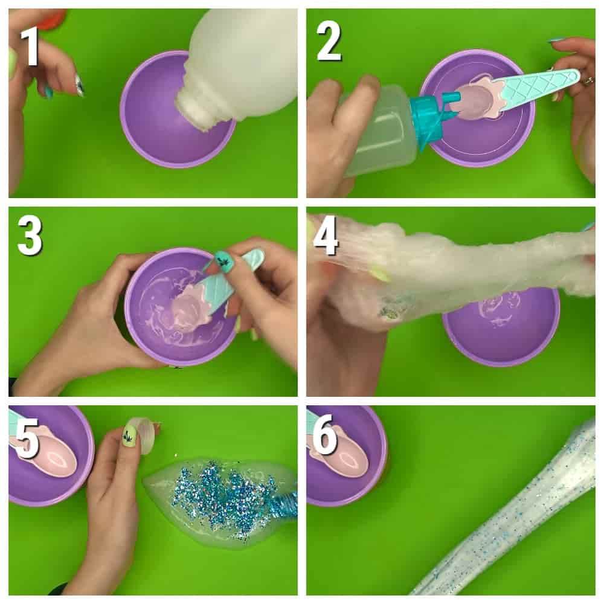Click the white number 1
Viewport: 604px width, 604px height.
tap(30, 47)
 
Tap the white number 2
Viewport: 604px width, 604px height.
tap(329, 42)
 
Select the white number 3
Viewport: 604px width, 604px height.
tap(30, 235)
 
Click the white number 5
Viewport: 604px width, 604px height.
tap(26, 438)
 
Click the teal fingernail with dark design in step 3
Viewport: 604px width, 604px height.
tap(224, 261)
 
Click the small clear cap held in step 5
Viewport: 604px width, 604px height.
tap(145, 435)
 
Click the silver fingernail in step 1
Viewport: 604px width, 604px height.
tap(79, 86)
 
